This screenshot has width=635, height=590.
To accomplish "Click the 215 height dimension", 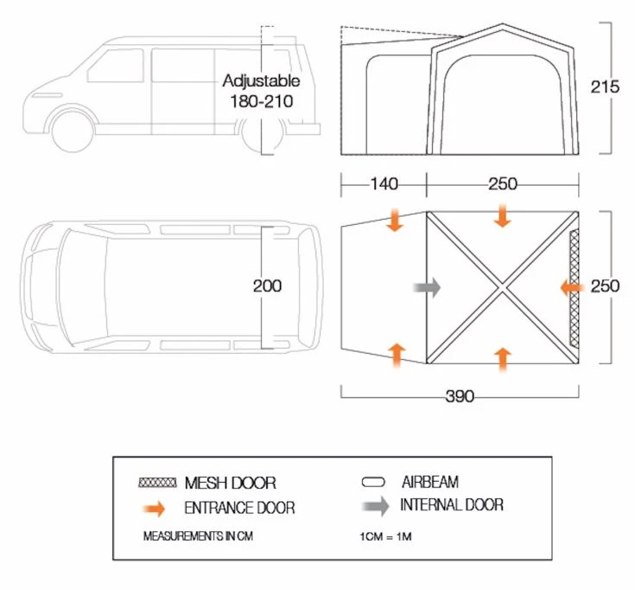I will tap(605, 87).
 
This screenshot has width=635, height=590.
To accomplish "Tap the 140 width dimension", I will tap(384, 184).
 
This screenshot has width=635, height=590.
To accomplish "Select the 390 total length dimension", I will tap(460, 396).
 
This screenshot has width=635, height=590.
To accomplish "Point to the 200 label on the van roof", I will tap(267, 286).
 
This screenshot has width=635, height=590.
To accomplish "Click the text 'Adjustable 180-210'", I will tap(261, 91).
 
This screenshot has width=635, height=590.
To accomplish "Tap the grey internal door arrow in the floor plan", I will tap(427, 286).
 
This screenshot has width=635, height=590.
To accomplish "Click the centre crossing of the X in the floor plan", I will tap(502, 286).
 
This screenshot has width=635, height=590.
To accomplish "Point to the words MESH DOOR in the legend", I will tap(230, 483).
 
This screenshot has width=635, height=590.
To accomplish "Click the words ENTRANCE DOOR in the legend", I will tap(238, 508).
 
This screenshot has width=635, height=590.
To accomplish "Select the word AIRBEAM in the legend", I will tap(429, 482).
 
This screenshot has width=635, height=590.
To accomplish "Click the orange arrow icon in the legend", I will tap(157, 509).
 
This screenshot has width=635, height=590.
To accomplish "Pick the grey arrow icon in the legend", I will tap(375, 506).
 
